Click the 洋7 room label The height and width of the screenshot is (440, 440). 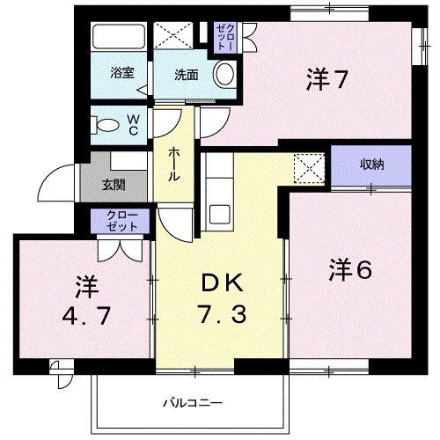[326, 80]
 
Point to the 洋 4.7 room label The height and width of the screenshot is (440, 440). [84, 302]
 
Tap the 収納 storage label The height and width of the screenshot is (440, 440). [371, 165]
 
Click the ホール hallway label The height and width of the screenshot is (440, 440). [174, 164]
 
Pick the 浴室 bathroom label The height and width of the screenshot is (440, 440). [122, 73]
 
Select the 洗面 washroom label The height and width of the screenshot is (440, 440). [186, 75]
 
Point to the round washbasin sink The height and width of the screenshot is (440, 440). [225, 74]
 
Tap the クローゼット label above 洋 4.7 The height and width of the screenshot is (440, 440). [122, 221]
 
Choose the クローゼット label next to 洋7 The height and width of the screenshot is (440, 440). [225, 36]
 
